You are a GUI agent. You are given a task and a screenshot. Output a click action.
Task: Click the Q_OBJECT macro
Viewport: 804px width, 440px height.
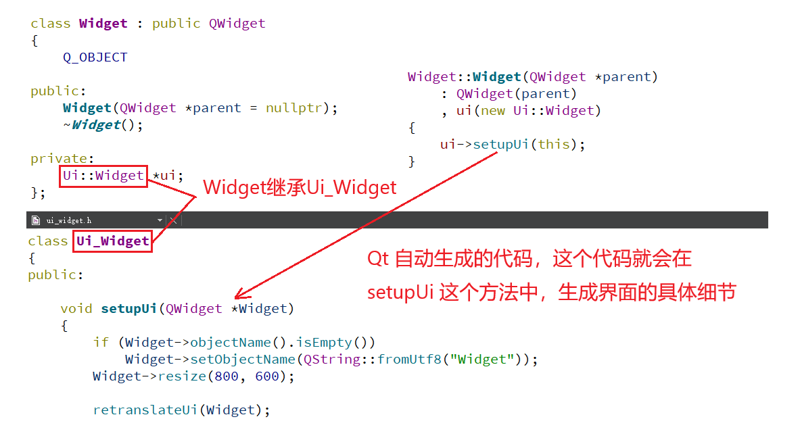(x=95, y=57)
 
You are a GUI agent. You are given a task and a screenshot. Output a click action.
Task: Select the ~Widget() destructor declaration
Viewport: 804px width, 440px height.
(x=103, y=125)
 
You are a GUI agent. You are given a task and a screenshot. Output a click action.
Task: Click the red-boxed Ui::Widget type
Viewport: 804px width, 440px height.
(x=103, y=176)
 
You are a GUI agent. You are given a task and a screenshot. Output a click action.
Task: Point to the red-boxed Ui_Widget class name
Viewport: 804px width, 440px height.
(x=112, y=241)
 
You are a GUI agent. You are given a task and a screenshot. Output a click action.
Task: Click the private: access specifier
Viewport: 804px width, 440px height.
(x=59, y=159)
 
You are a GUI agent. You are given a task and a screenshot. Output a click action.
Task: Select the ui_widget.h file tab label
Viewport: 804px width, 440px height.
(x=69, y=220)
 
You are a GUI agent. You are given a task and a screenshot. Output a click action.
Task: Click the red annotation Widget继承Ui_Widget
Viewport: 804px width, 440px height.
(x=300, y=187)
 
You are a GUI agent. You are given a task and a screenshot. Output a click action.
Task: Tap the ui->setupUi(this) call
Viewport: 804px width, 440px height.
(x=512, y=145)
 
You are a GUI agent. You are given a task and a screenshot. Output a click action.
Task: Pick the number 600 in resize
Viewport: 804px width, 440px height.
(x=267, y=376)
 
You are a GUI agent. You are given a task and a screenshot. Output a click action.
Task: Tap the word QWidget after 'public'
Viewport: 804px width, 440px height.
(x=237, y=24)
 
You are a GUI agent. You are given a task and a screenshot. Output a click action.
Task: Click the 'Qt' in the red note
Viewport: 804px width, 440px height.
(x=378, y=259)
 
